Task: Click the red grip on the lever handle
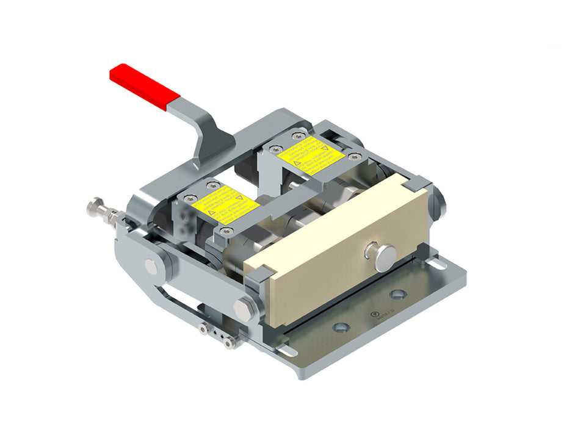143,86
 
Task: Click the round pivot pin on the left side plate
151,265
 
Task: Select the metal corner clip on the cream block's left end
256,274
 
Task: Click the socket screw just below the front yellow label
226,231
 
